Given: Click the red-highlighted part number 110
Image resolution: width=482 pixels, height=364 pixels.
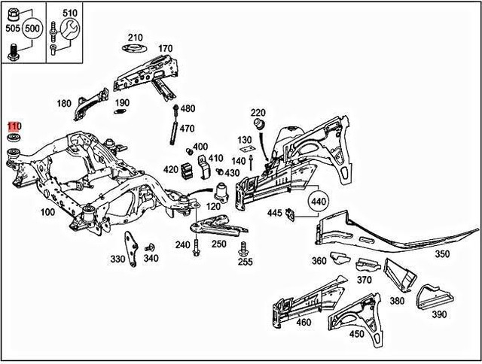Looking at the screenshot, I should click(14, 126).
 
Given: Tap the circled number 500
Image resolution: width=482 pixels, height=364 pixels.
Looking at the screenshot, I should click(31, 29).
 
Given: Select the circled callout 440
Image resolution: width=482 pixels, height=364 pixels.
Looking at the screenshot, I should click(319, 202).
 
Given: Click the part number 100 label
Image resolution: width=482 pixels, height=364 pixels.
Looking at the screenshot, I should click(47, 212).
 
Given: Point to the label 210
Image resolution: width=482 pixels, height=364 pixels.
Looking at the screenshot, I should click(135, 38).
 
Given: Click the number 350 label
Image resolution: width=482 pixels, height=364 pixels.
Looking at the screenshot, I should click(441, 254).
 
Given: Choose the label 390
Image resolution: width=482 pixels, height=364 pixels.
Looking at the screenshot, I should click(439, 314).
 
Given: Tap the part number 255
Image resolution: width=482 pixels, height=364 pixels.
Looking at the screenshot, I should click(245, 262).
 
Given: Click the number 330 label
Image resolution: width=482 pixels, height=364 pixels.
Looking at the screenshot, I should click(117, 259).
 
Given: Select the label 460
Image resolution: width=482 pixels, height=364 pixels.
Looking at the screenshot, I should click(304, 323).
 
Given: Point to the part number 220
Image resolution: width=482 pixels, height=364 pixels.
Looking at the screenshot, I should click(258, 112).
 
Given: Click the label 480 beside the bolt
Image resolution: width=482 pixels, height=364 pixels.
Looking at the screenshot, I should click(188, 109).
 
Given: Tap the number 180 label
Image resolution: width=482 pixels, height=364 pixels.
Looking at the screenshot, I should click(64, 103).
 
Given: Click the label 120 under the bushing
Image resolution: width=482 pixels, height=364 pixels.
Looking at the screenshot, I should click(213, 206).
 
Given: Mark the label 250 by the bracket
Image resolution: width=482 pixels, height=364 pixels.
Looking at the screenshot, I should click(218, 244).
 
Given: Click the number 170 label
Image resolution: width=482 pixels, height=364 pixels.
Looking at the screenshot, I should click(165, 50).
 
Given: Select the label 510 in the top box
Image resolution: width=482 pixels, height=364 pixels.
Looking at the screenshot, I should click(70, 13).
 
